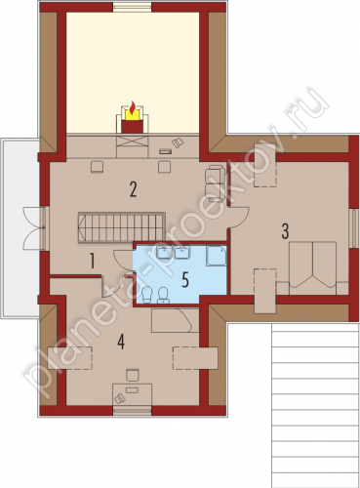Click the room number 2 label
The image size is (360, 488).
click(133, 189)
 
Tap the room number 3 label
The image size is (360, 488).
click(285, 231)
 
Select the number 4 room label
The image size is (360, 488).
click(121, 343)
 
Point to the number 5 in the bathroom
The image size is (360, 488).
click(185, 280)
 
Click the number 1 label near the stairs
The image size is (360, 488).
click(93, 262)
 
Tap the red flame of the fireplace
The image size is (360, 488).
click(133, 107)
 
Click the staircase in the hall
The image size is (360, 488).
click(121, 227)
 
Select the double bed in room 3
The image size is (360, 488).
click(313, 264)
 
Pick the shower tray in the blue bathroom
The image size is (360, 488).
click(217, 256)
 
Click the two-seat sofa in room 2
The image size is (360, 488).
click(215, 183)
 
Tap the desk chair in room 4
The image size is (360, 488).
click(133, 375)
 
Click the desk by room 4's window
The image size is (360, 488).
click(132, 394)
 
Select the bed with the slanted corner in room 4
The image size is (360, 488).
click(175, 320)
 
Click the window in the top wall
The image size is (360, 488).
click(133, 7)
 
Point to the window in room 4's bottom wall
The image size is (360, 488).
click(133, 411)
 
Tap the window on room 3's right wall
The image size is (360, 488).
click(353, 228)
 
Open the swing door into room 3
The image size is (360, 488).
click(240, 217)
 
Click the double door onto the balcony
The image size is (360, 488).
click(33, 228)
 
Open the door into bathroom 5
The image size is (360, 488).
click(123, 260)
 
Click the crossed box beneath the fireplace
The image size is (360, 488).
click(133, 142)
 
